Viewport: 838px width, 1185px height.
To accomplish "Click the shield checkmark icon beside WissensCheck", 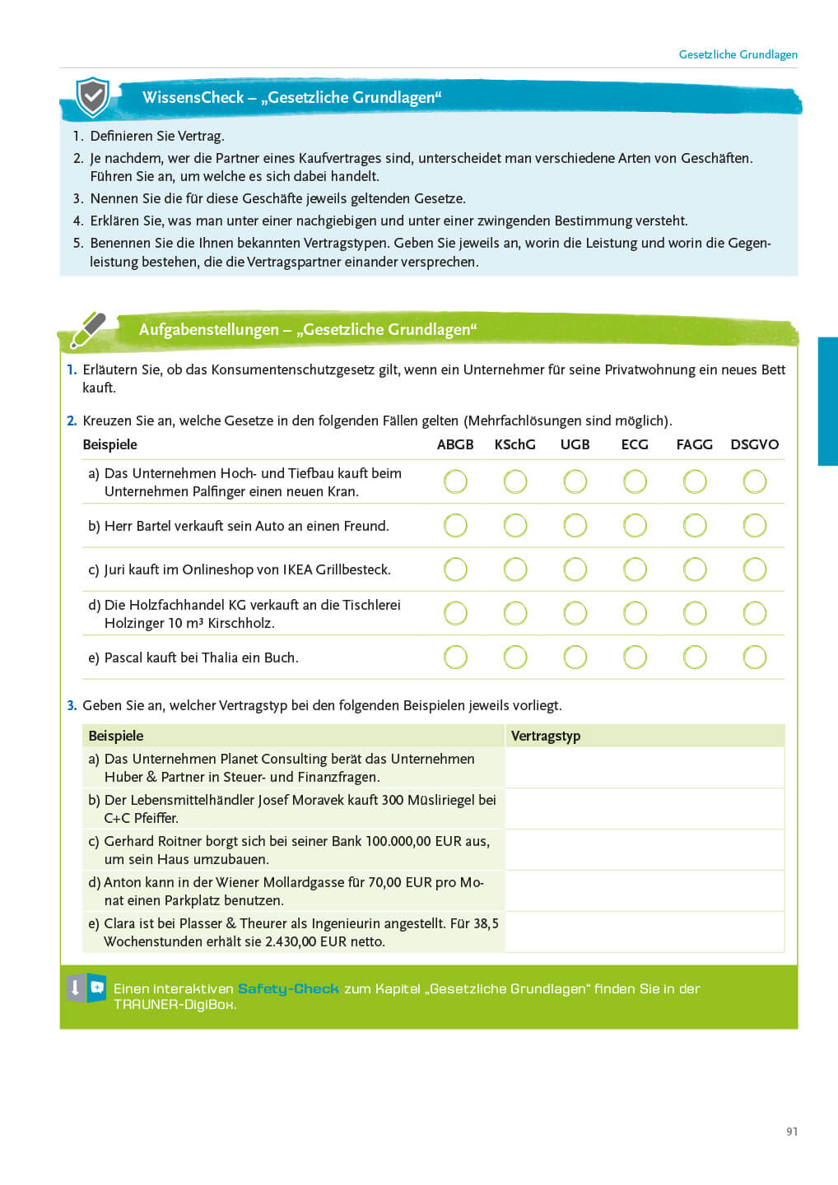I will pos(92,98).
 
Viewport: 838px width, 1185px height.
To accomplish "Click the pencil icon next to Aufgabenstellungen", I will pos(88,330).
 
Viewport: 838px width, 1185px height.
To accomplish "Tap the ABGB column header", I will pos(455,444).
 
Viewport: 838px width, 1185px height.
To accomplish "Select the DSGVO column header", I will pos(754,444).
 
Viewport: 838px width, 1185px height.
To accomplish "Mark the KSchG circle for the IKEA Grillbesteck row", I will pos(515,569).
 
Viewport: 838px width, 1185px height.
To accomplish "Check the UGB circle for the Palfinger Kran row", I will pos(575,481).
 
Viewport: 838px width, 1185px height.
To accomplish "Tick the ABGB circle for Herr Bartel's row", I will pos(455,526).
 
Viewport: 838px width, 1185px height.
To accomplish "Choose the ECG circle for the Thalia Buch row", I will pos(635,657).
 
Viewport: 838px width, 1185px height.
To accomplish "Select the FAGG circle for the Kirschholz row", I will pos(695,613).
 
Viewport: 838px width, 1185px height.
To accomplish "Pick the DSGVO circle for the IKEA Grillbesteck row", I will pos(754,569).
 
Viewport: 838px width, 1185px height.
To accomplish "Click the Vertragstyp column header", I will pos(546,736).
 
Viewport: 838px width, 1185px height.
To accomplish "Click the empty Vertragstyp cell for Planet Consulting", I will pos(644,768).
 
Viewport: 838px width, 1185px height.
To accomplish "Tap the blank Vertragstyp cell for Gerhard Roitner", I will pos(644,850).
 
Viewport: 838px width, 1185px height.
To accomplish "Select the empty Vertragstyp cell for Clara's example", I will pos(644,932).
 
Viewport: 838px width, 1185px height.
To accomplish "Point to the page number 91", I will pos(792,1132).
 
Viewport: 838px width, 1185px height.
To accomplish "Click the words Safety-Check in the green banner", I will pos(288,989).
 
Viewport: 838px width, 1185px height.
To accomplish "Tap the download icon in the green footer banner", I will pos(75,987).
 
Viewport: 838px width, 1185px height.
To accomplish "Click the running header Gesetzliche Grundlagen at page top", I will pos(738,54).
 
